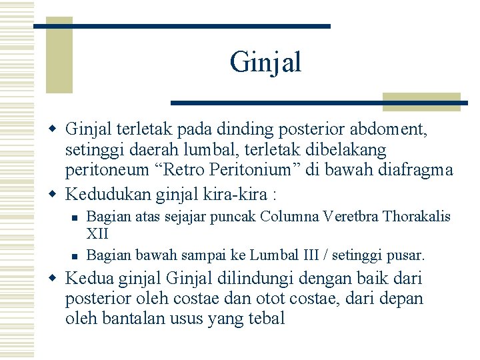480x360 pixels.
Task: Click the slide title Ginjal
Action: coord(265,63)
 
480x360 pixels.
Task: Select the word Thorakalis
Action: coord(417,217)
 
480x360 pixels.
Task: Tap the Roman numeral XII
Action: coord(98,234)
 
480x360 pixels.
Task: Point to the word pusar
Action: coord(405,255)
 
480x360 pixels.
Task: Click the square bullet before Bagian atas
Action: coord(74,217)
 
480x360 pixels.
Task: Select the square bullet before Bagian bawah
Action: coord(74,255)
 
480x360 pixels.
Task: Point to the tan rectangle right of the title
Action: coord(422,101)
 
